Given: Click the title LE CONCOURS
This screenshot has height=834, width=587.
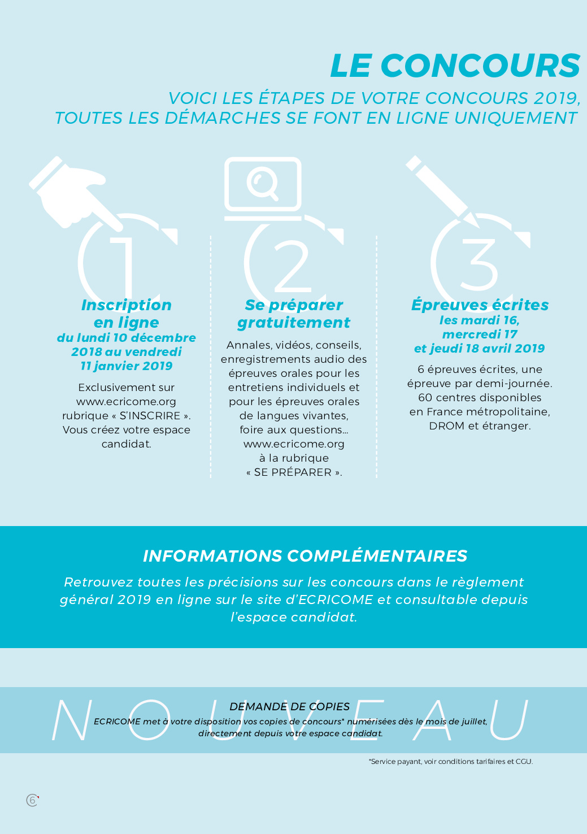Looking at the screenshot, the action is pyautogui.click(x=455, y=66).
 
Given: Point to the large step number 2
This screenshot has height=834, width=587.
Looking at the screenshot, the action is pyautogui.click(x=293, y=264).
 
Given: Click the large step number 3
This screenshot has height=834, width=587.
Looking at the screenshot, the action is pyautogui.click(x=480, y=264).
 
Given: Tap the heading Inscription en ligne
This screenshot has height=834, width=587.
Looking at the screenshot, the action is pyautogui.click(x=127, y=314).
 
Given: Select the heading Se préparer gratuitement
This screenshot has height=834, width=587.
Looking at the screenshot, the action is pyautogui.click(x=294, y=314).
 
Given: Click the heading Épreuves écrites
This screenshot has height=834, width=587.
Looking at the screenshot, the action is pyautogui.click(x=480, y=305).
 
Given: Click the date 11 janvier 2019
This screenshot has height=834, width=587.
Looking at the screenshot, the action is pyautogui.click(x=127, y=366).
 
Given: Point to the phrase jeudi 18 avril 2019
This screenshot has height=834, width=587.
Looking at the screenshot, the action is pyautogui.click(x=487, y=349).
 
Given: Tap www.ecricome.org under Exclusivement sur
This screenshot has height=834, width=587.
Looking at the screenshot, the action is pyautogui.click(x=126, y=402).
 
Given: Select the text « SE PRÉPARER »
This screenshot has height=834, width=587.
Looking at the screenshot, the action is pyautogui.click(x=294, y=472).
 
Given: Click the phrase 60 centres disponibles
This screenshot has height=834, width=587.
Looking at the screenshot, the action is pyautogui.click(x=480, y=398).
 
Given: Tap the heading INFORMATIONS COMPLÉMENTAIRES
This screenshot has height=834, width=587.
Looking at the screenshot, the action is pyautogui.click(x=305, y=556).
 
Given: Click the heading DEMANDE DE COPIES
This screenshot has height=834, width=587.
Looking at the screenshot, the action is pyautogui.click(x=290, y=707).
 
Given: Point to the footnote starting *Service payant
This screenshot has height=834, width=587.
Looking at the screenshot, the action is pyautogui.click(x=451, y=762).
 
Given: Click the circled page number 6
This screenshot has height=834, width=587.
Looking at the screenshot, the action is pyautogui.click(x=32, y=800).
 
